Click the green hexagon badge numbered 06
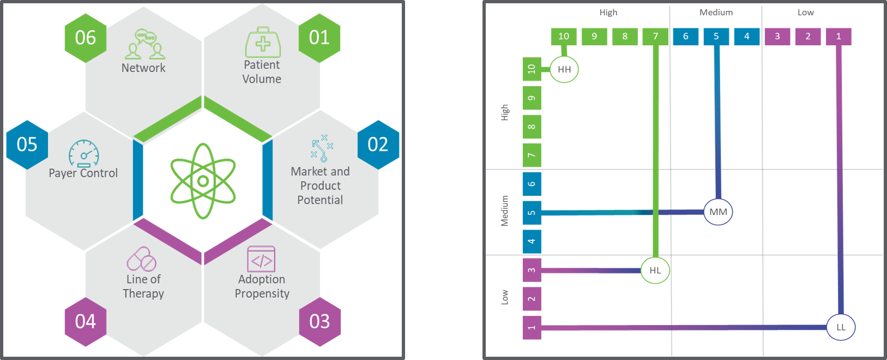pos(86,38)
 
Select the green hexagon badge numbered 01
pos(319,38)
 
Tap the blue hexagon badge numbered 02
pos(378,145)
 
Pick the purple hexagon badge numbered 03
pos(319,321)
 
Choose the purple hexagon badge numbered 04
pos(86,321)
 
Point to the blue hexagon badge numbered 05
pos(27,145)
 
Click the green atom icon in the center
pos(203,181)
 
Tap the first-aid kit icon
pos(263,43)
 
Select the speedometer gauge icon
pos(84,153)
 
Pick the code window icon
pos(261,259)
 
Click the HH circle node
pos(564,69)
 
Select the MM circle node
pos(718,212)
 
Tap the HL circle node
pos(655,270)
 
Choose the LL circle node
pos(841,327)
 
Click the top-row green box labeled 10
pos(564,37)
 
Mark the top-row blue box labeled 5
pos(716,37)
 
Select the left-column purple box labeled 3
pos(532,270)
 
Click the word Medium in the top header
pos(716,13)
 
